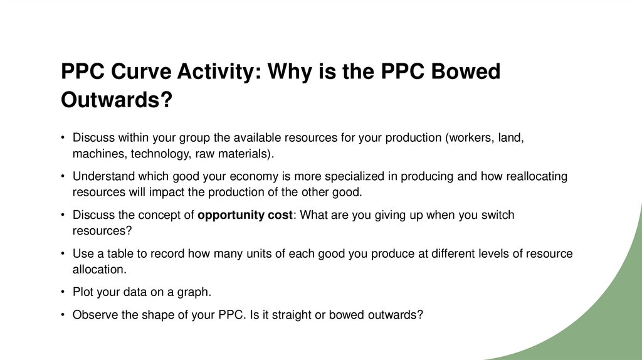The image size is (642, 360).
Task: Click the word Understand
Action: pyautogui.click(x=102, y=177)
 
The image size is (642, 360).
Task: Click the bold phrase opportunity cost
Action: pyautogui.click(x=245, y=215)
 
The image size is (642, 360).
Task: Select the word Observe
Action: pyautogui.click(x=95, y=315)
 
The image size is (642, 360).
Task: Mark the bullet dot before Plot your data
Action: pyautogui.click(x=63, y=293)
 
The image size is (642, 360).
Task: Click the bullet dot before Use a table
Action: pyautogui.click(x=63, y=254)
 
